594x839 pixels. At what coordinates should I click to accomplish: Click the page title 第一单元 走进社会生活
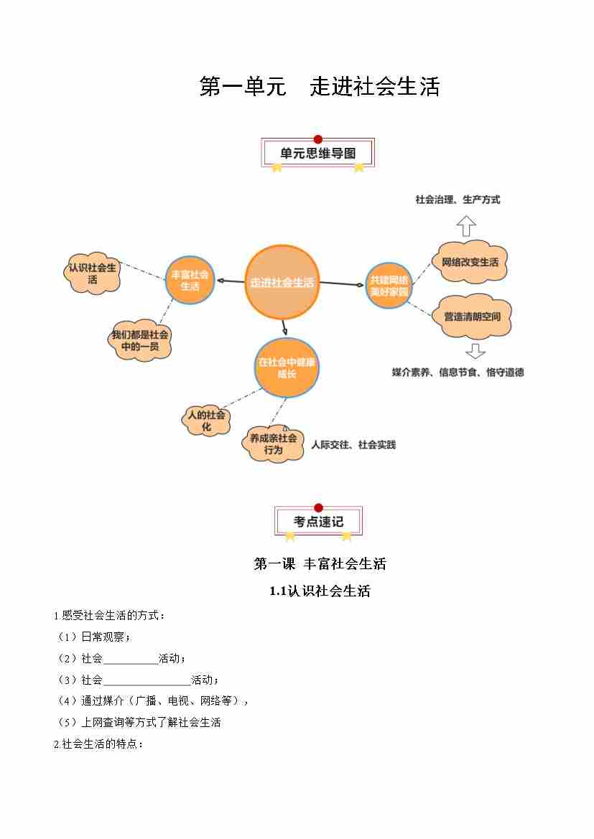pyautogui.click(x=319, y=87)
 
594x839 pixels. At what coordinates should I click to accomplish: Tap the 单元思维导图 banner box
pyautogui.click(x=317, y=154)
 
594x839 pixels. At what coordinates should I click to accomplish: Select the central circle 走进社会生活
pyautogui.click(x=282, y=282)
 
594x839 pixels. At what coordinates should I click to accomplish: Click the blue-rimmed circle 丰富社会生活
pyautogui.click(x=190, y=280)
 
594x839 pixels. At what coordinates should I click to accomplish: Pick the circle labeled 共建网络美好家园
pyautogui.click(x=389, y=285)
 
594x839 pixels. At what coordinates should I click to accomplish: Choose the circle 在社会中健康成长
pyautogui.click(x=287, y=367)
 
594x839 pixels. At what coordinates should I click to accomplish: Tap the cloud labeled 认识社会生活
pyautogui.click(x=93, y=273)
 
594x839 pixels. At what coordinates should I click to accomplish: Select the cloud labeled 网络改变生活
pyautogui.click(x=470, y=262)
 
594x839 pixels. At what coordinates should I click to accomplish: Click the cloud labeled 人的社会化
pyautogui.click(x=206, y=421)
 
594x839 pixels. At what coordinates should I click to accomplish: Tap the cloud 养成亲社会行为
pyautogui.click(x=273, y=444)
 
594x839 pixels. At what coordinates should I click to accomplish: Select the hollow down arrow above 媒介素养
pyautogui.click(x=475, y=352)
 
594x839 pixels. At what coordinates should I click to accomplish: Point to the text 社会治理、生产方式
pyautogui.click(x=458, y=200)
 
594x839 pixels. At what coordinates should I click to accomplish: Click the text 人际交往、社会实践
pyautogui.click(x=353, y=445)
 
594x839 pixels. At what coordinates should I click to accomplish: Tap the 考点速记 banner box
pyautogui.click(x=318, y=522)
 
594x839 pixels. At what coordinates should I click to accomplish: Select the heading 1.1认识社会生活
pyautogui.click(x=320, y=591)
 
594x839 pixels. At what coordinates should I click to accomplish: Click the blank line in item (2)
pyautogui.click(x=130, y=659)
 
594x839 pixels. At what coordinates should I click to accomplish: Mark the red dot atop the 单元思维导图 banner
pyautogui.click(x=318, y=139)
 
